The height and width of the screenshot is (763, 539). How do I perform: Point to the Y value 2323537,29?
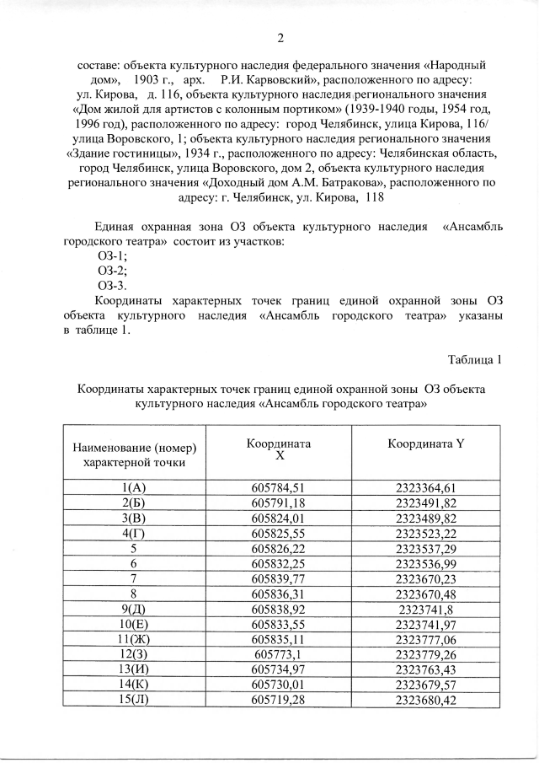point(425,548)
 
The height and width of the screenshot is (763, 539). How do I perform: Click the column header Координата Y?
point(425,444)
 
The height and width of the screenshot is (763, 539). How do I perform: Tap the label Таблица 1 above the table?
point(475,360)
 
